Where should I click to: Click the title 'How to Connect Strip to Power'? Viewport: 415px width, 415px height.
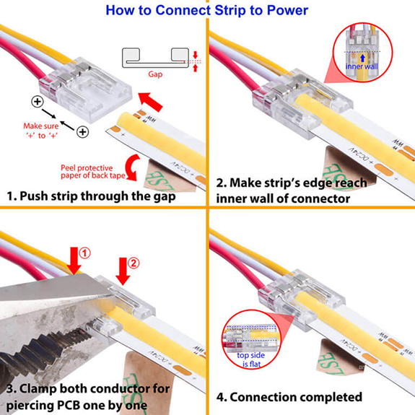pyautogui.click(x=206, y=10)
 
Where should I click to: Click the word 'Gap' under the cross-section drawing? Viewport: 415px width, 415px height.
pyautogui.click(x=155, y=74)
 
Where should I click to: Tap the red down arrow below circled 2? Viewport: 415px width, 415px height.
pyautogui.click(x=122, y=273)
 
